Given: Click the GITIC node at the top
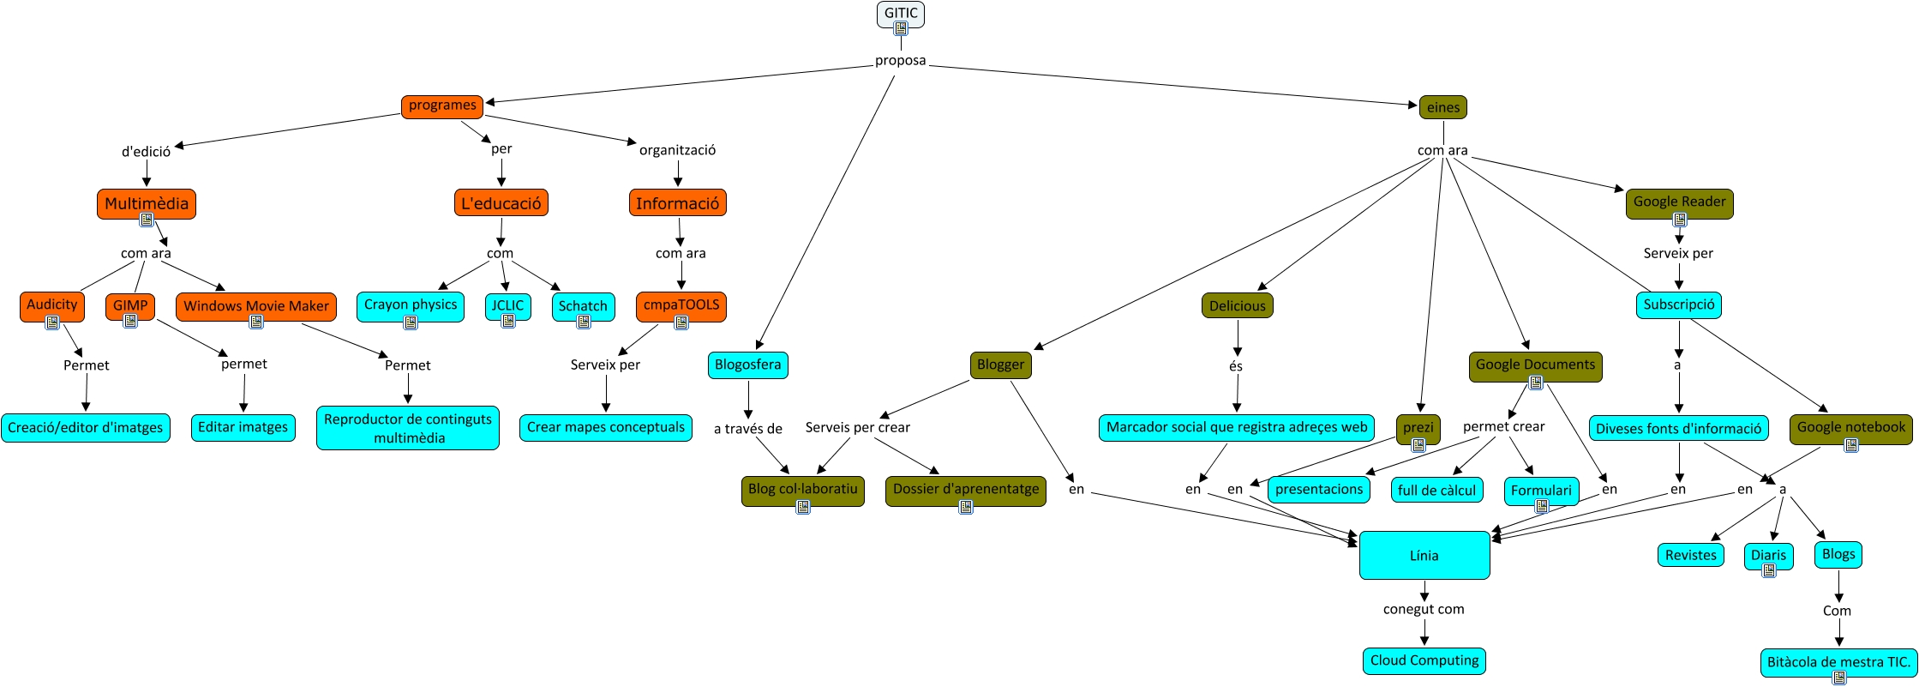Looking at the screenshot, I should tap(901, 13).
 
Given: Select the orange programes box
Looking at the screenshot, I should tap(442, 106).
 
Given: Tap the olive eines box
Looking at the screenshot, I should tap(1443, 108).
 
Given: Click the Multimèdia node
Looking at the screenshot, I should tap(147, 204).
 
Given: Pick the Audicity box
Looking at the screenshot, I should tap(52, 305).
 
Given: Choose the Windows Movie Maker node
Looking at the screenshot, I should tap(256, 306).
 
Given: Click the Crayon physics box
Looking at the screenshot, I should tap(411, 305).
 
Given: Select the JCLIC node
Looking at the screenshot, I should tap(507, 305).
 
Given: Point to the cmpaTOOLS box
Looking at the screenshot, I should tap(681, 305).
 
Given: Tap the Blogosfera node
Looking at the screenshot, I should tap(748, 365).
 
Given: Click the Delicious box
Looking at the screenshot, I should tap(1238, 306).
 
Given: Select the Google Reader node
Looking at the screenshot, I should tap(1679, 202).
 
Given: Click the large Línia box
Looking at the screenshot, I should tap(1424, 556).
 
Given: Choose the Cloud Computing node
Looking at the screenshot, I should tap(1424, 661).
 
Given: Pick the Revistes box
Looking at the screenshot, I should tap(1691, 556).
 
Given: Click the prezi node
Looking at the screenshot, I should tap(1418, 427).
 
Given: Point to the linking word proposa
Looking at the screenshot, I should tap(900, 61).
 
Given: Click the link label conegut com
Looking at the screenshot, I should tap(1424, 610).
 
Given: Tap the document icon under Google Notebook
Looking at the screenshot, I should tap(1851, 445).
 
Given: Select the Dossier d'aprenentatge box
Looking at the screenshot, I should tap(966, 490).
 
